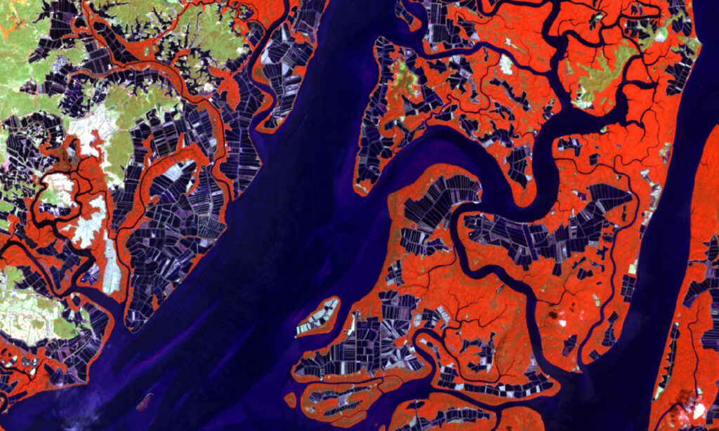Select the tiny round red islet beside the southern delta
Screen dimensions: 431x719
click(290, 399)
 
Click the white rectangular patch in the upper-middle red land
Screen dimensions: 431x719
click(506, 65)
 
